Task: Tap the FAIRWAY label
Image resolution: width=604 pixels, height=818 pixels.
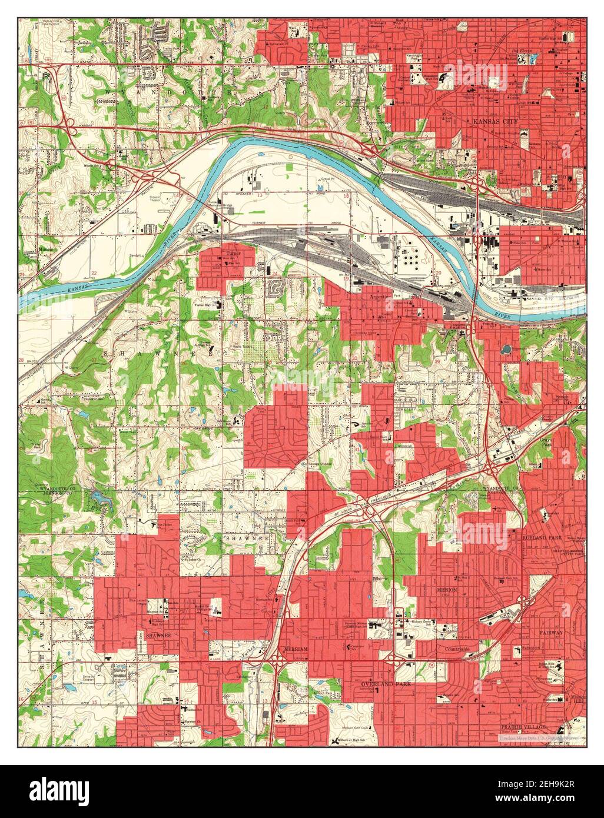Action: [x=551, y=632]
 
